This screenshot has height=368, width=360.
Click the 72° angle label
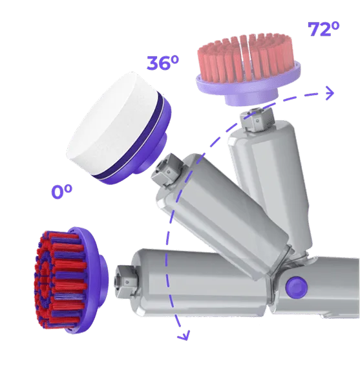pos(323,29)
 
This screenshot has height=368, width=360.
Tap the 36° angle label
pos(162,63)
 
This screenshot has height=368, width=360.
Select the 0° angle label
pos(61,191)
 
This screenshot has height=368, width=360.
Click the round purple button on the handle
pos(297,287)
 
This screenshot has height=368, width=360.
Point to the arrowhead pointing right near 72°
pos(330,93)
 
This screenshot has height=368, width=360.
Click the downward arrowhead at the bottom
pos(183,336)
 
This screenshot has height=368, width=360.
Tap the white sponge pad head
pos(119,128)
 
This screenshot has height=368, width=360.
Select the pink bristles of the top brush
pos(245,58)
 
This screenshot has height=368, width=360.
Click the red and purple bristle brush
pos(70,280)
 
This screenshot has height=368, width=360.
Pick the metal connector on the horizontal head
pos(125,281)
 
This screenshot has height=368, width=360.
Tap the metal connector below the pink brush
pos(257,118)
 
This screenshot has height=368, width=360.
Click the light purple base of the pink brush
pos(249,88)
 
